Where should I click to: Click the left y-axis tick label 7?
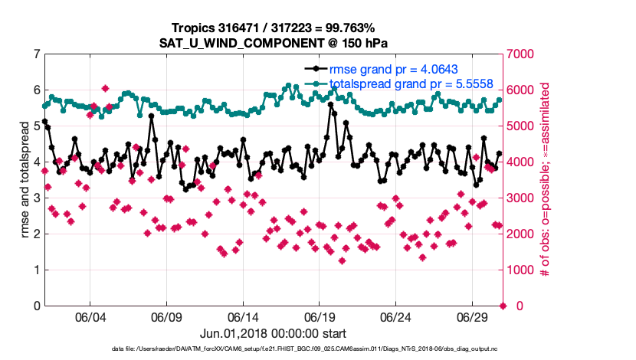(x=36, y=54)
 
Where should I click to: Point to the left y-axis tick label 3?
(x=36, y=198)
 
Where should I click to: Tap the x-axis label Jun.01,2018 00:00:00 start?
(x=273, y=334)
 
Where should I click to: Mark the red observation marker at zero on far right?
(x=503, y=306)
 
